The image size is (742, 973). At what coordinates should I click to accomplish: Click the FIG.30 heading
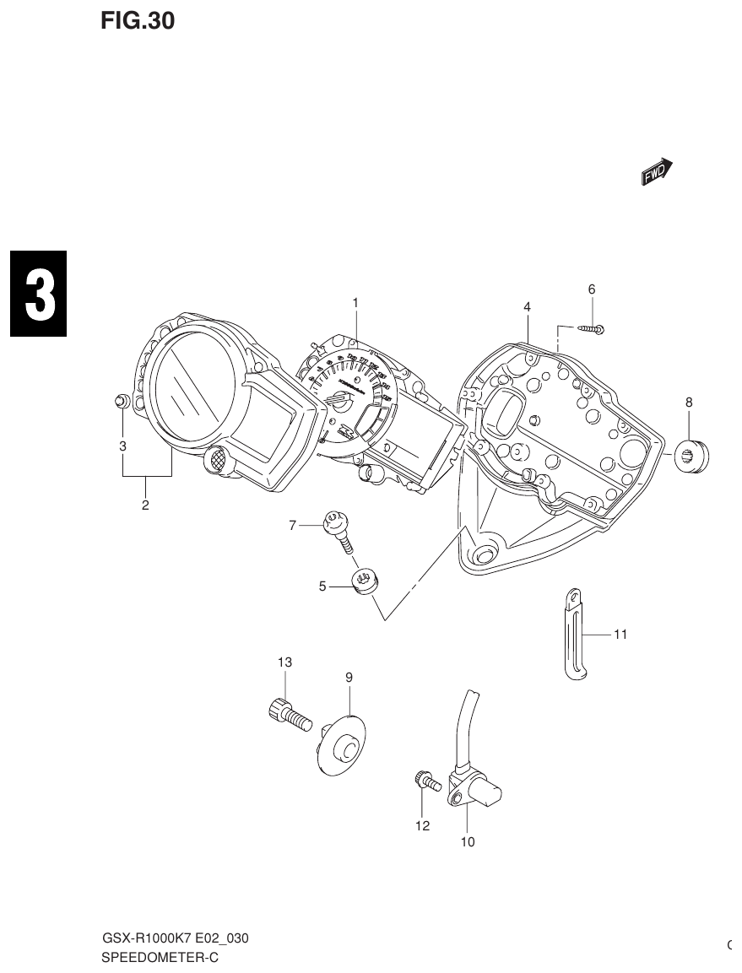coord(138,22)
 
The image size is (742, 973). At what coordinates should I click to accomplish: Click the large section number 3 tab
coord(39,295)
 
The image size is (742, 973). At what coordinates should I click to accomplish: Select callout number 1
coord(356,302)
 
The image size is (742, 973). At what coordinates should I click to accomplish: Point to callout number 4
coord(527,307)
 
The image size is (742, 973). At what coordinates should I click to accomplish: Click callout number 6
coord(592,289)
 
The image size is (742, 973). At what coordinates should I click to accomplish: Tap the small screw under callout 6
coord(591,328)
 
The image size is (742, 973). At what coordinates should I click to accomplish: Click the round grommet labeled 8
coord(693,456)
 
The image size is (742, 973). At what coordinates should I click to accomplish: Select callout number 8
coord(689,403)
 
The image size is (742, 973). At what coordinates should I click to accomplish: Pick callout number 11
coord(620,634)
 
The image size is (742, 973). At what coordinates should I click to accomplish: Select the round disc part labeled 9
coord(343,744)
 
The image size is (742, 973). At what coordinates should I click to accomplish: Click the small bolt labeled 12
coord(425,781)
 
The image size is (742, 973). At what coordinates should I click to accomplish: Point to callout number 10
coord(467,841)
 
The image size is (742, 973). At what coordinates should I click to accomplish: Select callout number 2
coord(145,505)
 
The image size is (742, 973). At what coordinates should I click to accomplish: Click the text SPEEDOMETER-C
coord(160,958)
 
